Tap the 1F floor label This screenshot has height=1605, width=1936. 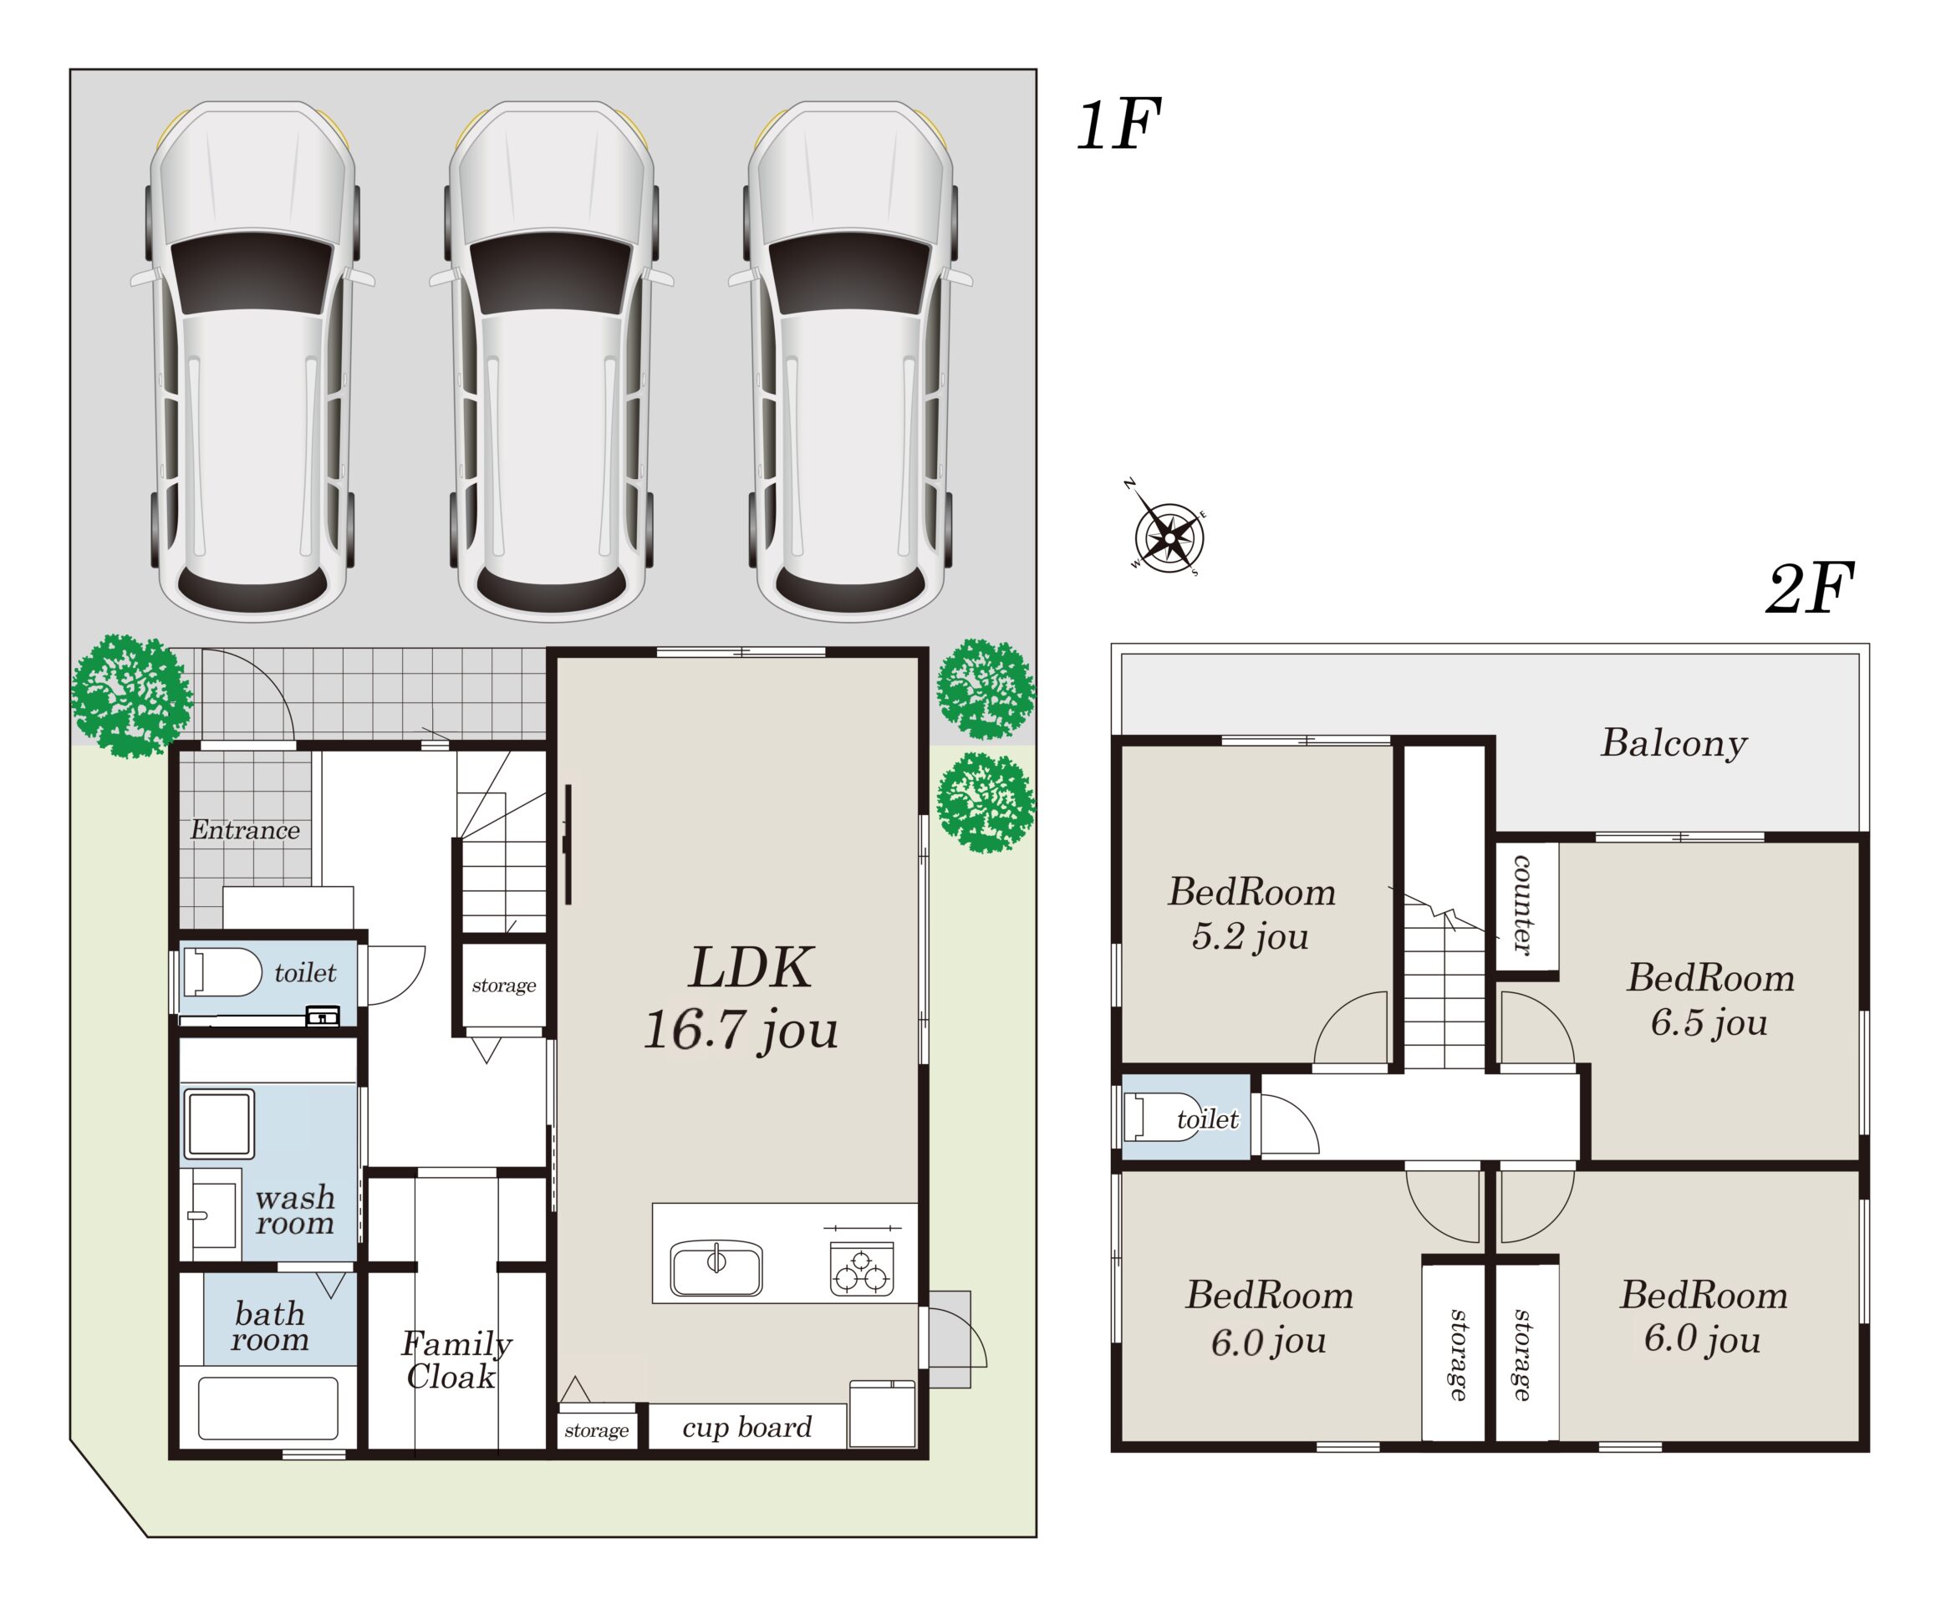[1118, 125]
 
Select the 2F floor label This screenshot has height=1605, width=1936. [1811, 589]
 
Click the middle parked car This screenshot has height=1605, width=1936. [552, 360]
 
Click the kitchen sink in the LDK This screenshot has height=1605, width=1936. [716, 1268]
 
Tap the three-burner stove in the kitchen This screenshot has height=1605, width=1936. [862, 1268]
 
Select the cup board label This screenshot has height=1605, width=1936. [746, 1427]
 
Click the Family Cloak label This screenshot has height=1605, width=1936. [456, 1360]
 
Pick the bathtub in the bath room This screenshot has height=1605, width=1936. [268, 1408]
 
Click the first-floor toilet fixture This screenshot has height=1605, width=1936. [223, 972]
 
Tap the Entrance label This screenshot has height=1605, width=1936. [245, 830]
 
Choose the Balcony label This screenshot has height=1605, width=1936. [1674, 743]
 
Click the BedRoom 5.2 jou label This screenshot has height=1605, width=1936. [1252, 914]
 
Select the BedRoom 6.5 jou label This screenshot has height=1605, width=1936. [1710, 999]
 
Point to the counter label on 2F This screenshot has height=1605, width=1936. [1522, 904]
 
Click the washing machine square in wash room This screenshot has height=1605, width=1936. [218, 1123]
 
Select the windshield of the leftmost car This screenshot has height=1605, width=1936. [251, 272]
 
